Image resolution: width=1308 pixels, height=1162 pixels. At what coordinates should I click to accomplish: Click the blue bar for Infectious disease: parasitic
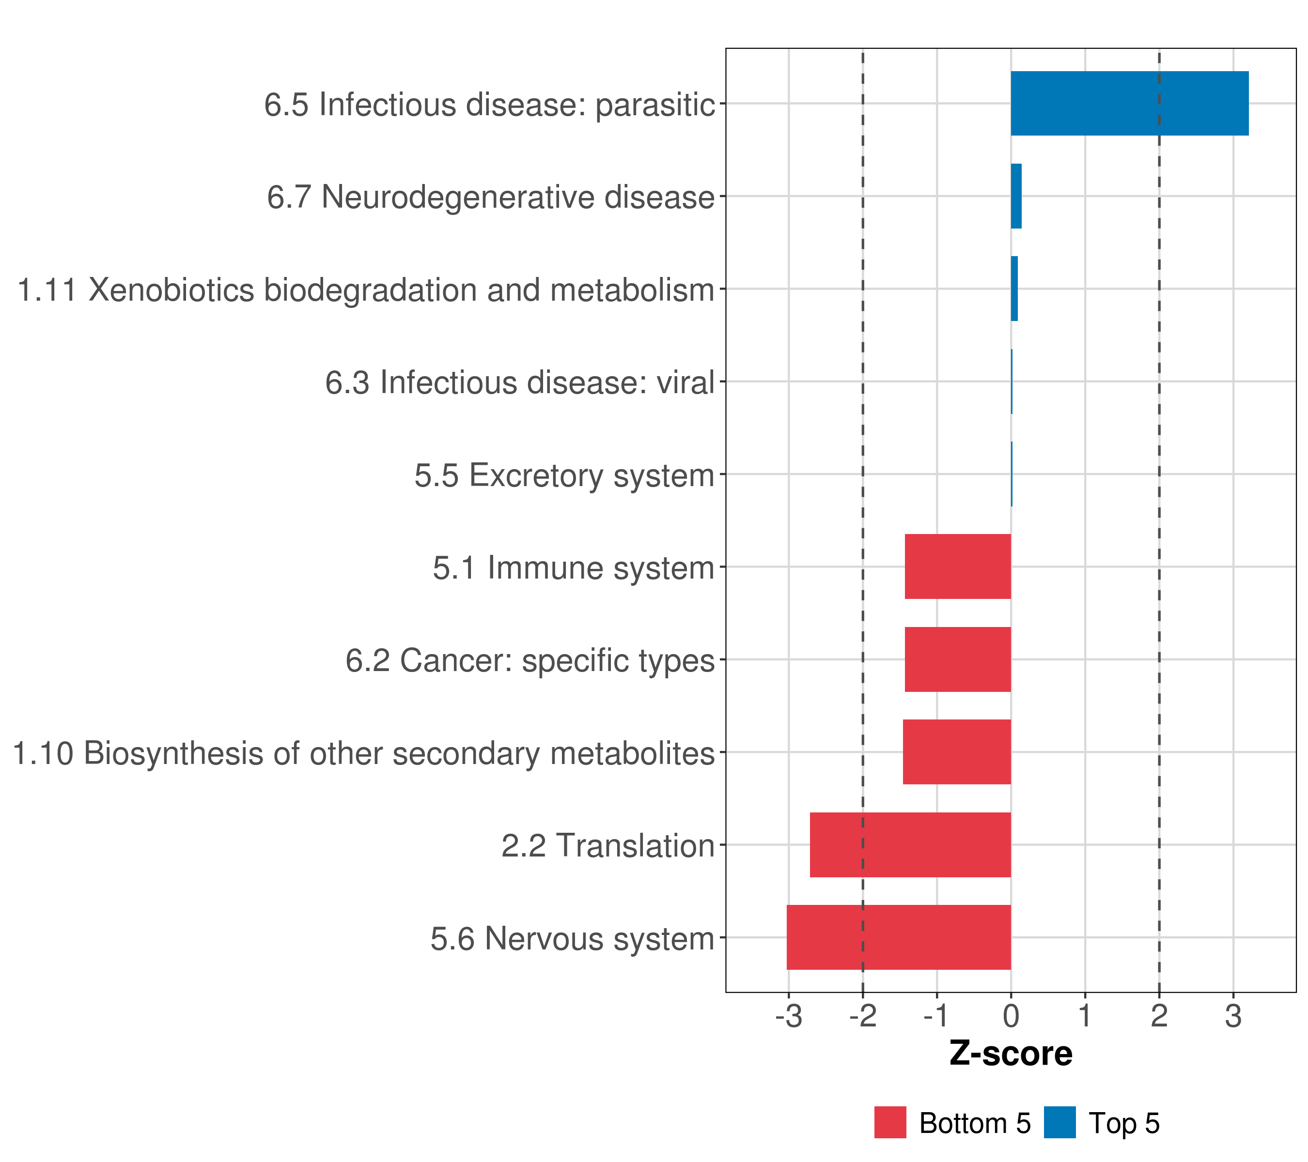(1129, 103)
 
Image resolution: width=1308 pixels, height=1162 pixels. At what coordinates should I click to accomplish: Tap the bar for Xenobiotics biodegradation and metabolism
(1014, 289)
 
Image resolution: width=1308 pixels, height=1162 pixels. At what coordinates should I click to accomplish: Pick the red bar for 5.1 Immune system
(957, 566)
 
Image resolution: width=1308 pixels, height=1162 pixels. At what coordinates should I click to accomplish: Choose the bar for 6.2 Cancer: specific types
(957, 659)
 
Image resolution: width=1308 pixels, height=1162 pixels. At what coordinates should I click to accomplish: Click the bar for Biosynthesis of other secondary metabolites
(957, 752)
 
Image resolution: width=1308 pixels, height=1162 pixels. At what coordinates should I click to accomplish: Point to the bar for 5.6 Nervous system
(899, 937)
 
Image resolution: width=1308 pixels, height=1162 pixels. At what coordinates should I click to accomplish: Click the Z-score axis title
(1011, 1053)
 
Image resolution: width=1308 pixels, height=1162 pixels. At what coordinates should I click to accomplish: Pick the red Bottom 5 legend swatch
(890, 1122)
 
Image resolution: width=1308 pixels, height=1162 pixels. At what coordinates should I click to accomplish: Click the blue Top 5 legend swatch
(1059, 1122)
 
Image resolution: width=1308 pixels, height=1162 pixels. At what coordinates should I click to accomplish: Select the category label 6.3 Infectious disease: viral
(520, 383)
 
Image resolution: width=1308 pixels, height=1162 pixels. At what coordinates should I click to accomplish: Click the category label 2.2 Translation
(607, 846)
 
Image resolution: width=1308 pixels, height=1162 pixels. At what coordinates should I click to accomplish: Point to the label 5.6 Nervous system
(572, 939)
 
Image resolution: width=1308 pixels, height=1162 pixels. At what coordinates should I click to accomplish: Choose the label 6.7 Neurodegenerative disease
(491, 197)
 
